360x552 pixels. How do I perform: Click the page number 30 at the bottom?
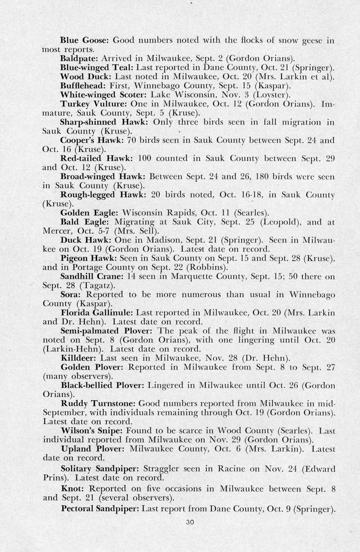pos(190,522)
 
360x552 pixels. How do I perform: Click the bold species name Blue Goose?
pos(84,40)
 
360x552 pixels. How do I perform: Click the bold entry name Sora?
pos(70,295)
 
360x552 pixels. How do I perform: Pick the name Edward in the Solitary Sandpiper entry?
pos(319,469)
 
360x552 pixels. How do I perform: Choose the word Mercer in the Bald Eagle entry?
pos(56,231)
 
